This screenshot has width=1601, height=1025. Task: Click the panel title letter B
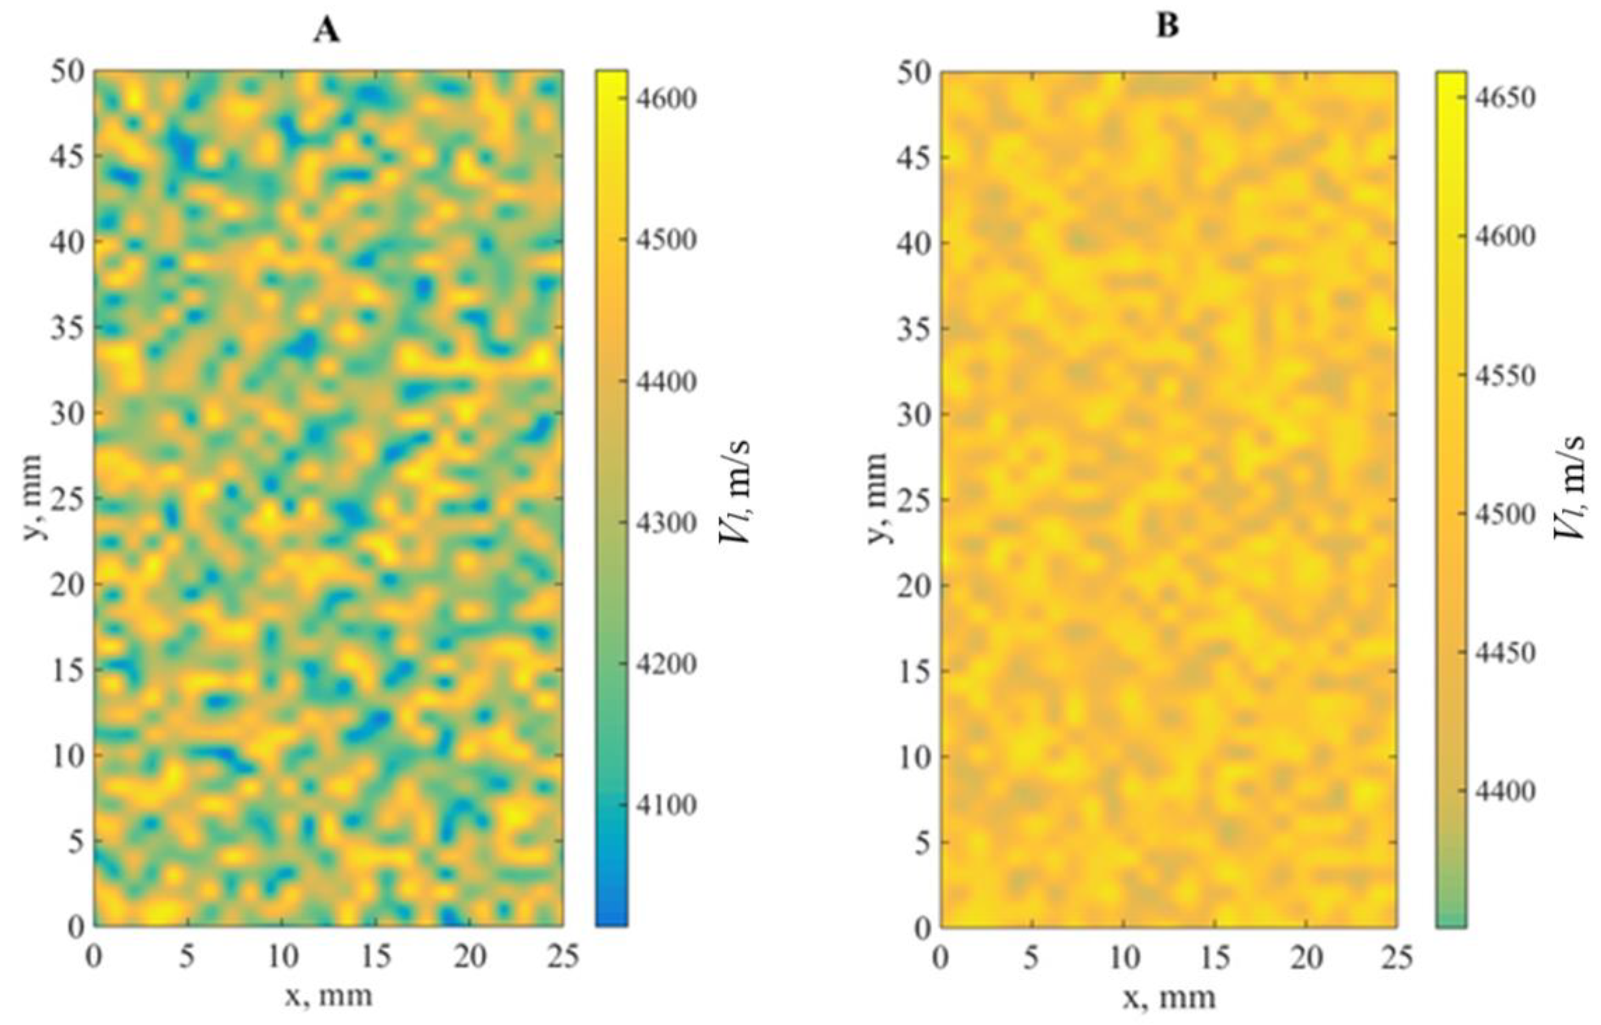(1168, 27)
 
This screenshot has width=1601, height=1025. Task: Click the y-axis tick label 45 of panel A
(68, 157)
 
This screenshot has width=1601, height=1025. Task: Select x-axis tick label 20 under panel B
(1306, 958)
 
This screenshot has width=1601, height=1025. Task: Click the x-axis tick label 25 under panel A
(563, 958)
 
